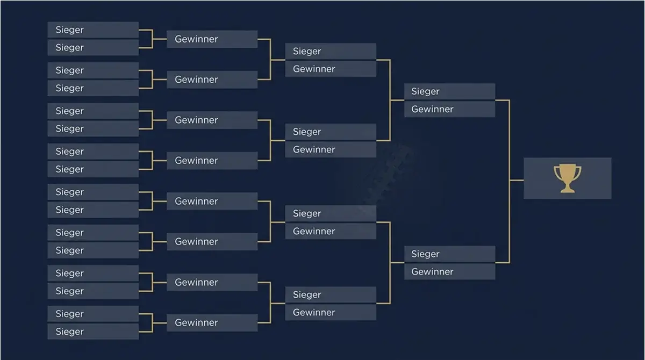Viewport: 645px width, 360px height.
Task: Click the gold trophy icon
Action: coord(567,178)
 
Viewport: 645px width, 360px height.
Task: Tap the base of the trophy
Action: coord(567,190)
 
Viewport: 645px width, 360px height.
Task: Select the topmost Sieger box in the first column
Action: coord(93,30)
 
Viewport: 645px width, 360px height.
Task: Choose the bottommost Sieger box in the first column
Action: coord(93,332)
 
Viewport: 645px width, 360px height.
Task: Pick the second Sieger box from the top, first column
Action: coord(93,47)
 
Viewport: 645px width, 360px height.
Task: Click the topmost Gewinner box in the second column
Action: coord(212,39)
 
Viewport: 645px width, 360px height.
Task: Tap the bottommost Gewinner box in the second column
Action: coord(212,322)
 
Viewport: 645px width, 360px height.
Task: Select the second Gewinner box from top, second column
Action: coord(212,80)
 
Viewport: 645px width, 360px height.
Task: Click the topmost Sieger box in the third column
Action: coord(331,51)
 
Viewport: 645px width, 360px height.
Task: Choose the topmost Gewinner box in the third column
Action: coord(331,69)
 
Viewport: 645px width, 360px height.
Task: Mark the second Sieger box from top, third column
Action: coord(331,132)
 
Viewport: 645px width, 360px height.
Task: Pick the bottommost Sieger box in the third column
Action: coord(331,294)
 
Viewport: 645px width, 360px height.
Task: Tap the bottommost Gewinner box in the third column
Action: coord(331,312)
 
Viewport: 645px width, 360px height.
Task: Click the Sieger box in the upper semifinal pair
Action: coord(450,91)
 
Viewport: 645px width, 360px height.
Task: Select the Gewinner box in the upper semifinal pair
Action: coord(450,109)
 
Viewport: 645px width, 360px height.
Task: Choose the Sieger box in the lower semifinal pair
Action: coord(450,254)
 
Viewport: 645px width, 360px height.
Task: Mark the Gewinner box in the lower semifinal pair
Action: coord(450,272)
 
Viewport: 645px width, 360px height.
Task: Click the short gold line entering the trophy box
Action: coord(517,181)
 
